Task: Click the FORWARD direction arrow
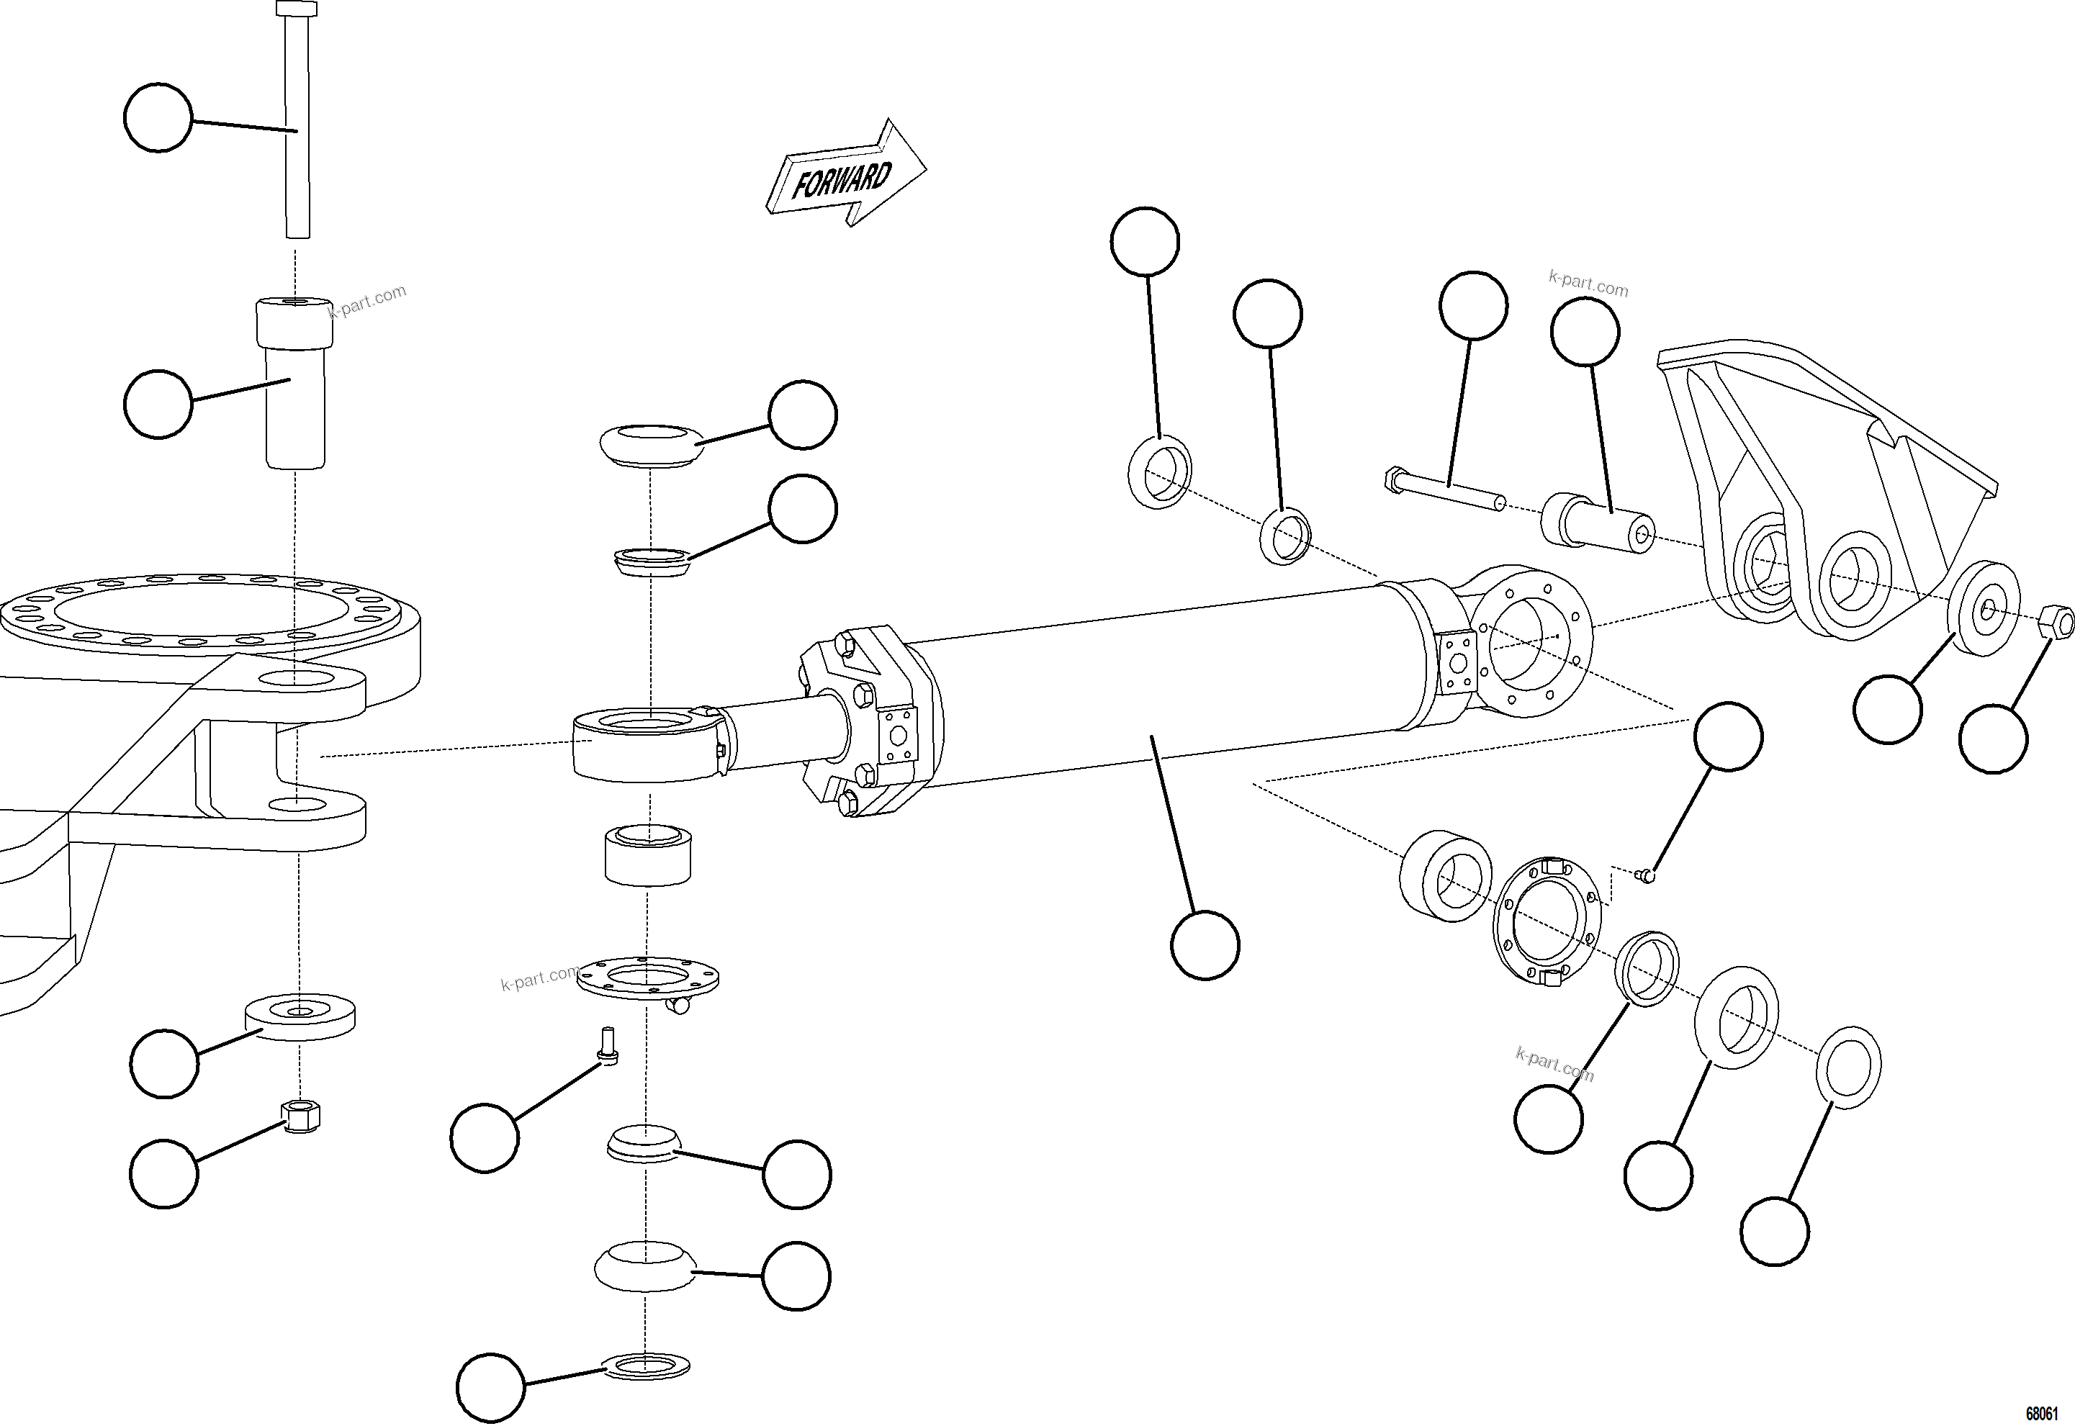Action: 845,174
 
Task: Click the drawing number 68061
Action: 2045,1412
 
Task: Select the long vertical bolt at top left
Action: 297,125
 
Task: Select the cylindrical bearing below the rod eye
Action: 648,855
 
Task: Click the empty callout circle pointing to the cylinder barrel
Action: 1204,945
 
